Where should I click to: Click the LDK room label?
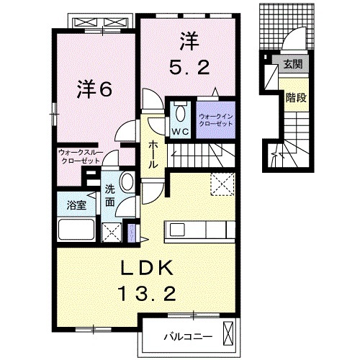coord(147,268)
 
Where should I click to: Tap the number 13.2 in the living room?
coord(148,294)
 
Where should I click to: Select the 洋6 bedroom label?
coord(94,90)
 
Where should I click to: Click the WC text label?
coord(180,132)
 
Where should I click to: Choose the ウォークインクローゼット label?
coord(216,120)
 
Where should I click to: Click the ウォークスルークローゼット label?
coord(81,156)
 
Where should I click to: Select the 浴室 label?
coord(76,205)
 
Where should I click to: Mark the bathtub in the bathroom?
coord(76,229)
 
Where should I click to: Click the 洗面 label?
coord(110,196)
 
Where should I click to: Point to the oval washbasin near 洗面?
coord(127,181)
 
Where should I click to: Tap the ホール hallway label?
coord(153,154)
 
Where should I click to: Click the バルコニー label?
coord(188,336)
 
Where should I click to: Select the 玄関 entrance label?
coord(293,64)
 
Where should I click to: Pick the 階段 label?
coord(296,98)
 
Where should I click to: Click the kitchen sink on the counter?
coord(177,230)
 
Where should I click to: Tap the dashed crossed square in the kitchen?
coord(222,184)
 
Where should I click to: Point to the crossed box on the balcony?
coord(228,333)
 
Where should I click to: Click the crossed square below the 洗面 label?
coord(112,233)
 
